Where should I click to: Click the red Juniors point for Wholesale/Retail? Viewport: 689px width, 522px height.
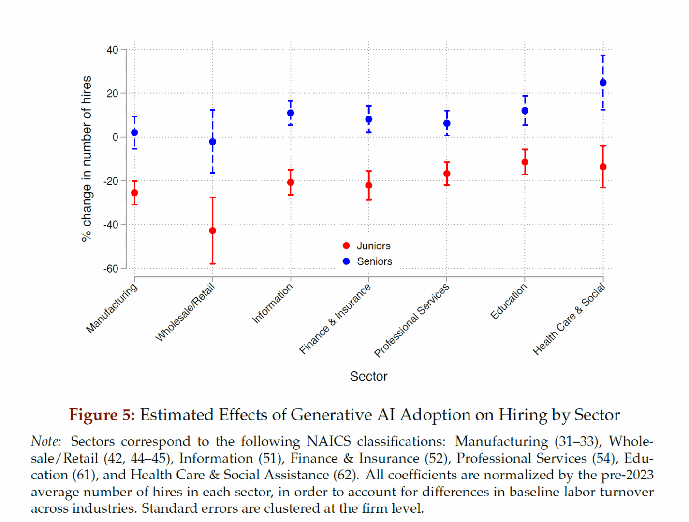[x=212, y=231]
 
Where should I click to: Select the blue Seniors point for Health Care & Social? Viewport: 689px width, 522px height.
[x=602, y=83]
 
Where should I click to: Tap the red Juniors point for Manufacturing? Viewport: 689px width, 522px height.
[x=134, y=193]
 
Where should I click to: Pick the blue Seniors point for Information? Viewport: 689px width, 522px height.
[x=291, y=113]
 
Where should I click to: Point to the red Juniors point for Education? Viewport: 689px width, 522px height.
[x=525, y=162]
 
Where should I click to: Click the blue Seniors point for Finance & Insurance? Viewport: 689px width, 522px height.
[x=368, y=119]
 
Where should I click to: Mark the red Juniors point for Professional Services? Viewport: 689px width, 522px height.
[x=447, y=174]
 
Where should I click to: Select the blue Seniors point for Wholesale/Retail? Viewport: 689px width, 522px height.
[x=212, y=142]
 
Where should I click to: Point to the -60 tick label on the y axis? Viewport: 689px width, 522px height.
[x=111, y=269]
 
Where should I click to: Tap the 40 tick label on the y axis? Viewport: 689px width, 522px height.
[x=112, y=50]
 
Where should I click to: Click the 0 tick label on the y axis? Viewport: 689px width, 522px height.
[x=115, y=137]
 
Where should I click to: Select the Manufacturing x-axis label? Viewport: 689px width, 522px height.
[x=112, y=308]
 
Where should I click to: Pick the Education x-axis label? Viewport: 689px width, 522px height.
[x=509, y=301]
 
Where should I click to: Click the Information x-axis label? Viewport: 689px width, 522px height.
[x=272, y=303]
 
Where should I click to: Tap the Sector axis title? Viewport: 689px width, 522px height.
[x=368, y=377]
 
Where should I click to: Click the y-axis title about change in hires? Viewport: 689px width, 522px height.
[x=87, y=159]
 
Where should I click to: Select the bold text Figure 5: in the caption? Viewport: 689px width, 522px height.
[x=102, y=415]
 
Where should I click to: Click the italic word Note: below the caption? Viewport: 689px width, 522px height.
[x=46, y=441]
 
